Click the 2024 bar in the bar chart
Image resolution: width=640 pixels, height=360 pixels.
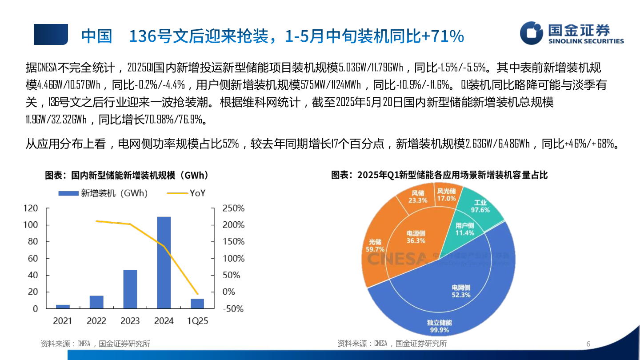pos(164,262)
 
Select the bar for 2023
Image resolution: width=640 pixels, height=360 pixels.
pos(130,289)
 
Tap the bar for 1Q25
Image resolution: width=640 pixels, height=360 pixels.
pos(197,304)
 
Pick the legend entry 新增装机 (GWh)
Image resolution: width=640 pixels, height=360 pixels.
pos(103,193)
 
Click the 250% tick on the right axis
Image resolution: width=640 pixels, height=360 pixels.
pos(233,208)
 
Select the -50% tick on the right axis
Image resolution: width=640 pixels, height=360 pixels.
pos(233,309)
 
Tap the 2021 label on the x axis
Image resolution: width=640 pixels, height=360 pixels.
pos(62,321)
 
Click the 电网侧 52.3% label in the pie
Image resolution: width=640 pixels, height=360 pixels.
pos(460,291)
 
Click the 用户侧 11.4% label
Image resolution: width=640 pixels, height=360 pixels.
pos(464,229)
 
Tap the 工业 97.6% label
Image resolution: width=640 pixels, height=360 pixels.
pos(480,206)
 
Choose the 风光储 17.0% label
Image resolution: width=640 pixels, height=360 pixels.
pos(446,195)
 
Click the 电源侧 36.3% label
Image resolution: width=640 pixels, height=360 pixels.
pos(416,237)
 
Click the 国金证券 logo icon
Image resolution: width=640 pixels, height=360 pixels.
pos(532,33)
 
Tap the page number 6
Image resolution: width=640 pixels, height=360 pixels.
pos(588,344)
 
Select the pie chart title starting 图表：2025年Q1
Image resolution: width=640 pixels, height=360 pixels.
pos(439,175)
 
